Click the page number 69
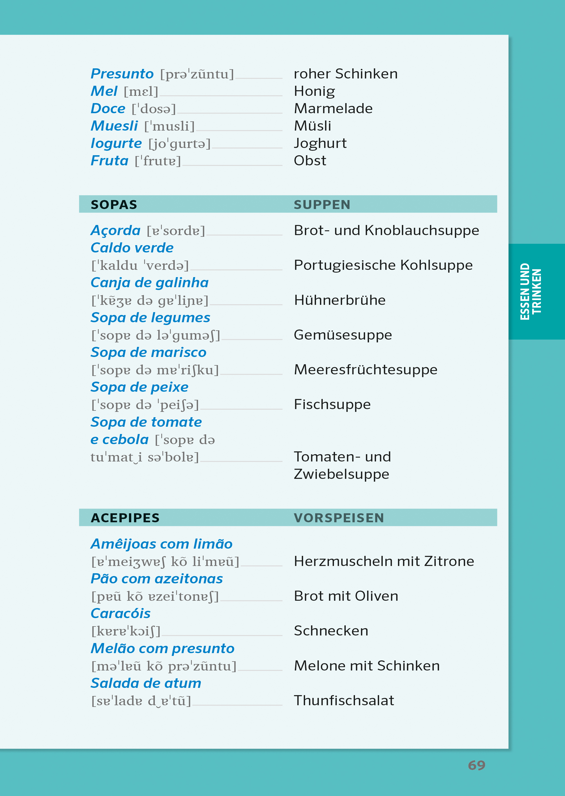coord(476,765)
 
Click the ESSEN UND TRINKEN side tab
coord(531,291)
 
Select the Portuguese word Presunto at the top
coord(122,74)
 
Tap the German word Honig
coord(314,91)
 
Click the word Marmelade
coord(333,108)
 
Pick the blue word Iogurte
coord(116,143)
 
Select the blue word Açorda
coord(116,231)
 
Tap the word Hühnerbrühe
coord(340,300)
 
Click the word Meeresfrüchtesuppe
coord(365,370)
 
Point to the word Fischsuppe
coord(332,404)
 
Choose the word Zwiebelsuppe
coord(341,474)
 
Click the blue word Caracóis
coord(120,614)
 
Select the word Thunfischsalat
coord(344,700)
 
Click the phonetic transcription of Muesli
coord(169,126)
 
